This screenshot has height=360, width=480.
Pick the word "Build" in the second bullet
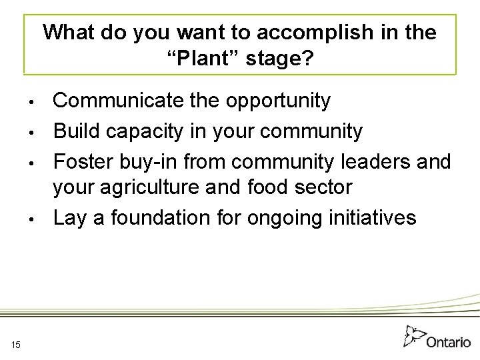(75, 131)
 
